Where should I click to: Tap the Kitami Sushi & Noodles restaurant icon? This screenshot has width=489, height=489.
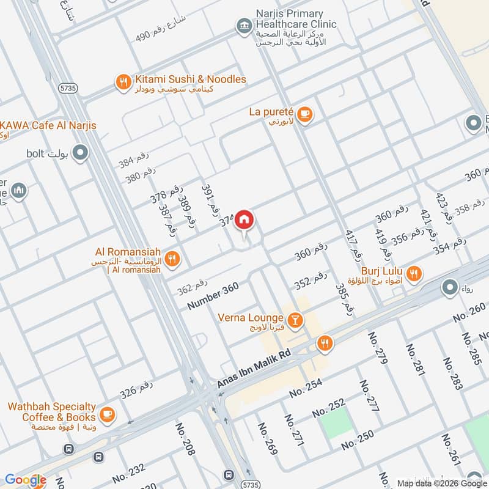pyautogui.click(x=123, y=81)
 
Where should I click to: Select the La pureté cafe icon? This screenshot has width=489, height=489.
pyautogui.click(x=304, y=114)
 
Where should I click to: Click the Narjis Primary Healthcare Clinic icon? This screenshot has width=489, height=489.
pyautogui.click(x=244, y=26)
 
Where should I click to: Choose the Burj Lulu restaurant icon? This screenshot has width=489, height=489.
pyautogui.click(x=414, y=274)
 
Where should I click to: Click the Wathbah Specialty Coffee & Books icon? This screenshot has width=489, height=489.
pyautogui.click(x=108, y=414)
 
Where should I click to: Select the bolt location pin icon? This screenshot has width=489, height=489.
pyautogui.click(x=80, y=153)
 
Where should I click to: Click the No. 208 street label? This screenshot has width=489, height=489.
pyautogui.click(x=185, y=439)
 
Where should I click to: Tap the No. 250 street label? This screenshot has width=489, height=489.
pyautogui.click(x=357, y=440)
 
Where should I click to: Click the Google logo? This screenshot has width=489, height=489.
pyautogui.click(x=25, y=480)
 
